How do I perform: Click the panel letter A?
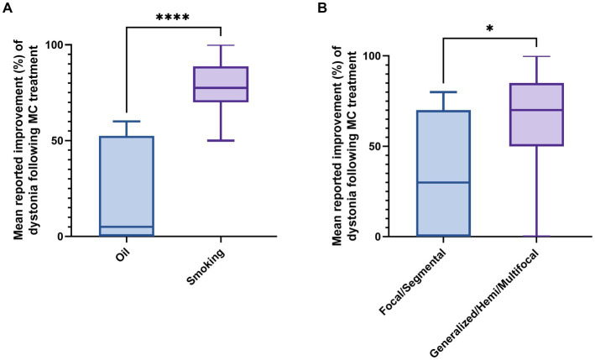[x=8, y=9]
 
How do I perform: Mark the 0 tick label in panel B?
[x=389, y=237]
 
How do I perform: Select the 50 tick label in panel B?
[x=386, y=146]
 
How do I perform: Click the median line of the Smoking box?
[x=221, y=88]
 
